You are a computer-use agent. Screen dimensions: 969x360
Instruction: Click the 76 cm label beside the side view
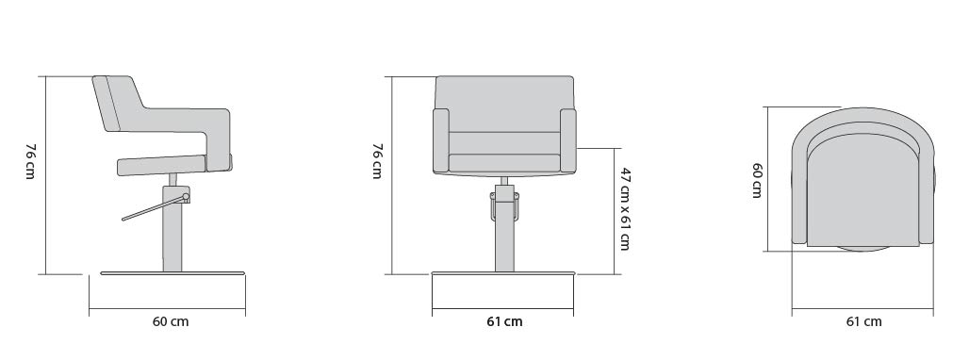click(x=29, y=161)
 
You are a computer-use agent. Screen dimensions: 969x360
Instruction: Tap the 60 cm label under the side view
click(x=171, y=321)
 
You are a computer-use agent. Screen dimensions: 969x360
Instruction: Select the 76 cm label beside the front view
click(x=377, y=161)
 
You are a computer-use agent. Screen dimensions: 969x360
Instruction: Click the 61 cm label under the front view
click(x=504, y=321)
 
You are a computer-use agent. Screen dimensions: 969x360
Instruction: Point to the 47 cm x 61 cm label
click(x=624, y=208)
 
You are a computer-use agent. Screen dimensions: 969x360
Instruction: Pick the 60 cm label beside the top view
click(x=757, y=180)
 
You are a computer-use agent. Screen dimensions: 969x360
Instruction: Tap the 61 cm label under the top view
click(x=864, y=321)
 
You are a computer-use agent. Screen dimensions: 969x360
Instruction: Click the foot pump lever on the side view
click(x=156, y=207)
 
